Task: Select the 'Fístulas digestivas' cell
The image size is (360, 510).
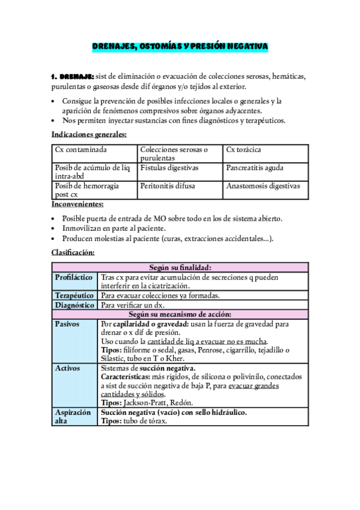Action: tap(169, 168)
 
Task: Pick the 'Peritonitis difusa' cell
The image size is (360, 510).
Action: tap(168, 186)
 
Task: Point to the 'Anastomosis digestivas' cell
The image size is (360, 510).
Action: tap(263, 186)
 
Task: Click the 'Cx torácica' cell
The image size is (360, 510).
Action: tap(243, 150)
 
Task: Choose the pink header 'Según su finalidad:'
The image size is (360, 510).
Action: tap(180, 268)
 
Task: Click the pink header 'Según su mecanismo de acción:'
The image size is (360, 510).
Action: tap(180, 315)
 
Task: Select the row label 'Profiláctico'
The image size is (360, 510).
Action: tap(73, 277)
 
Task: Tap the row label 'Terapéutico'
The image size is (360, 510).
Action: tap(73, 296)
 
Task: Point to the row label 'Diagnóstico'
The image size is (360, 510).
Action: tap(73, 306)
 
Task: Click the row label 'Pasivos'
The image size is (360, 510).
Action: tap(67, 324)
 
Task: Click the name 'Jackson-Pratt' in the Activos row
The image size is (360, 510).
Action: tap(142, 402)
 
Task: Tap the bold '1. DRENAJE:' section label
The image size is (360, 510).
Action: tap(73, 76)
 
